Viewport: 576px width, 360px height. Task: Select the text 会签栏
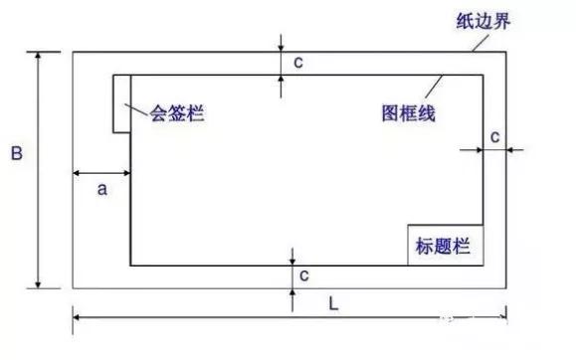click(x=176, y=112)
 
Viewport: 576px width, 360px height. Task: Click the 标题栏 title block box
click(x=445, y=245)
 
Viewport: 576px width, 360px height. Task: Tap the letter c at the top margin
click(x=297, y=62)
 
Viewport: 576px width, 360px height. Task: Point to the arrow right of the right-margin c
click(x=514, y=149)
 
